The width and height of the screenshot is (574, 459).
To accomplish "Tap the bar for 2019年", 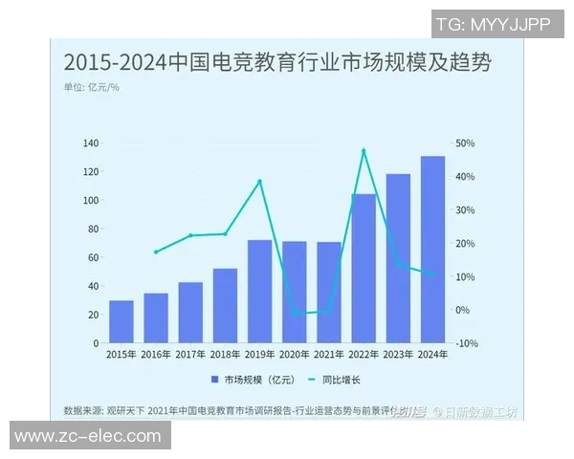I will (260, 292).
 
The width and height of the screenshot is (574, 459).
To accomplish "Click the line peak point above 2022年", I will (364, 150).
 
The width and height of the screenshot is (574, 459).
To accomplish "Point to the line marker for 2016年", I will (156, 252).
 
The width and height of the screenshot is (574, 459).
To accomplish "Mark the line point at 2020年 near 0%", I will (295, 313).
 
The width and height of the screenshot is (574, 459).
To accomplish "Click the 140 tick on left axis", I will (91, 143).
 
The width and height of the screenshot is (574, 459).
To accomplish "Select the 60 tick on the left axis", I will (94, 257).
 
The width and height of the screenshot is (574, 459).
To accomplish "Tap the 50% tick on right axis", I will (465, 143).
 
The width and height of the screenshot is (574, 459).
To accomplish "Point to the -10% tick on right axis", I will (465, 343).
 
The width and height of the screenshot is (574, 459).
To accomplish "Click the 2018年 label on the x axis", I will (225, 355).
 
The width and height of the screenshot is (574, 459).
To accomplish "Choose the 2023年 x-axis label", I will (398, 355).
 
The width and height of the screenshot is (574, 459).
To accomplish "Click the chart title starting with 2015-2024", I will (277, 63).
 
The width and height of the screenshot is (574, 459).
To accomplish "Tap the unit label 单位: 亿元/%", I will (92, 88).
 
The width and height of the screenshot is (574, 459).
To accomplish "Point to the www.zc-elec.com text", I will (88, 436).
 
